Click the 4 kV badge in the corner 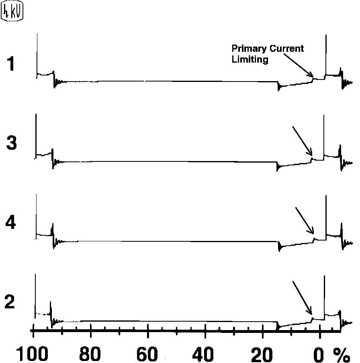tap(12, 12)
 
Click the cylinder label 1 tap(12, 64)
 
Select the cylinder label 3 tap(12, 143)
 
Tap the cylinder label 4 tap(12, 223)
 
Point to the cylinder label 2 tap(10, 302)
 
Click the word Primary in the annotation tap(246, 49)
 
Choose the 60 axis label tap(148, 353)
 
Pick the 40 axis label tap(205, 353)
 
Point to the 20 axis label tap(262, 353)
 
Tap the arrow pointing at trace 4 tap(305, 220)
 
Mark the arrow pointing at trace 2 tap(302, 298)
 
